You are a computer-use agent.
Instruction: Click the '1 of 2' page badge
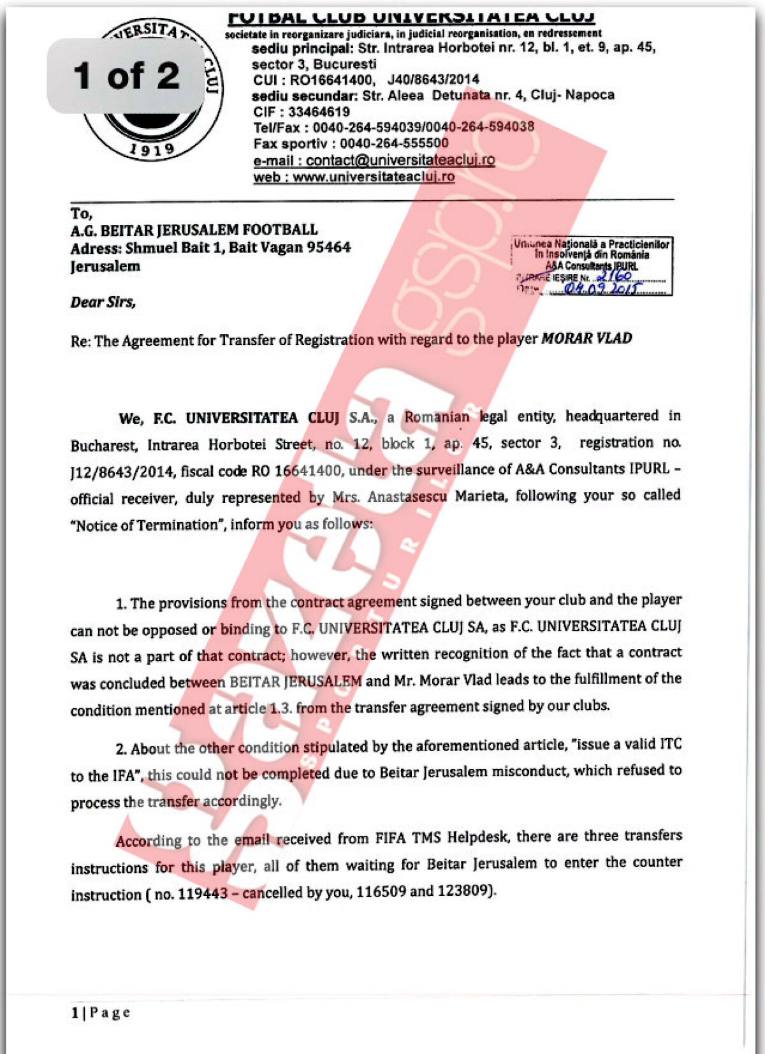pos(126,76)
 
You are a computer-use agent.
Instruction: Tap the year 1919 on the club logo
pos(152,149)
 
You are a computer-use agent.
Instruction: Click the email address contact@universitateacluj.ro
pos(400,160)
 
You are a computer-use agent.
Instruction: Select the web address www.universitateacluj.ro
pos(374,177)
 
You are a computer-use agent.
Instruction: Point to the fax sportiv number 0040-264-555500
pos(394,143)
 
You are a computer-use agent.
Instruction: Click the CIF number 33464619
pos(319,112)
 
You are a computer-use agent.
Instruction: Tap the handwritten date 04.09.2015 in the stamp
pos(601,288)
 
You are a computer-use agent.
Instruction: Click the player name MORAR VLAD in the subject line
pos(586,338)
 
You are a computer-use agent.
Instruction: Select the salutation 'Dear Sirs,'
pos(103,302)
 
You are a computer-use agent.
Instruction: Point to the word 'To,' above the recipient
pos(82,214)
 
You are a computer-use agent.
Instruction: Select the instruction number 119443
pos(203,894)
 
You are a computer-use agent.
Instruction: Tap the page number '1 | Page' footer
pos(101,1013)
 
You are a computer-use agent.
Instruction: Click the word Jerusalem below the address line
pos(105,267)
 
